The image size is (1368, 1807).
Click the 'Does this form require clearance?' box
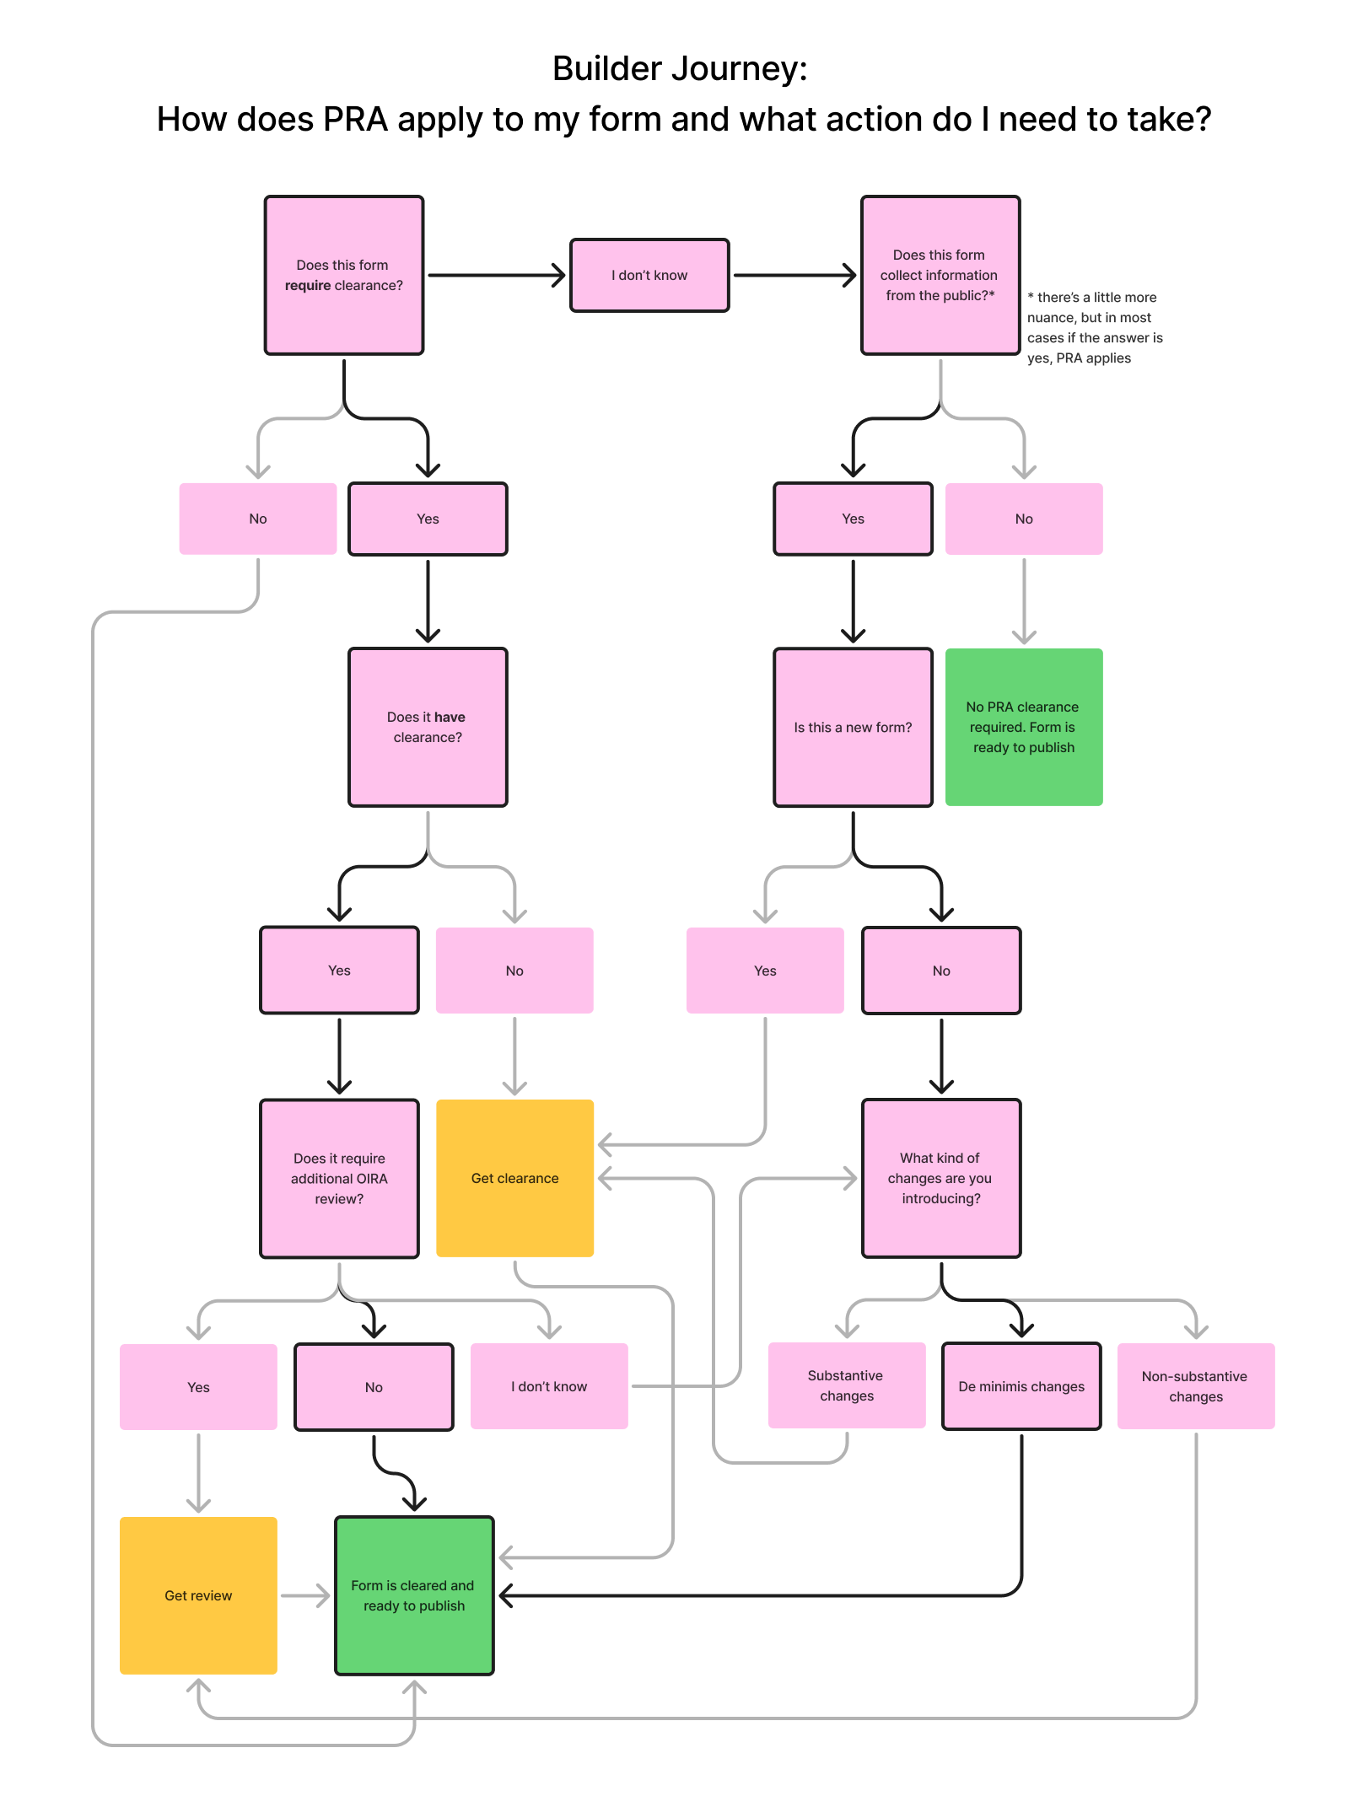tap(343, 275)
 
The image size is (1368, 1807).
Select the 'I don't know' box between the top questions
tap(649, 275)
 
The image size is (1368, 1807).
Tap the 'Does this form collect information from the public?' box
tap(940, 275)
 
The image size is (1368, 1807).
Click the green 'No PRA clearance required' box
tap(1023, 727)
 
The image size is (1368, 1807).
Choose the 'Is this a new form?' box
tap(853, 727)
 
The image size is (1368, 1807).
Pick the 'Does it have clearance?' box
tap(428, 727)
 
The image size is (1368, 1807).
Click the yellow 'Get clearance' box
tap(514, 1178)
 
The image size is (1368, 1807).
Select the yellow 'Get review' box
tap(198, 1595)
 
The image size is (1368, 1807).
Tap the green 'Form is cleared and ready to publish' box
tap(414, 1595)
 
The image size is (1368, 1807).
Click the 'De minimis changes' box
tap(1021, 1386)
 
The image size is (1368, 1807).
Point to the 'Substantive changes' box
tap(846, 1385)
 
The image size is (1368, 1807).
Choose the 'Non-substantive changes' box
tap(1195, 1386)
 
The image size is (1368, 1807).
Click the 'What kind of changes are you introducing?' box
tap(940, 1178)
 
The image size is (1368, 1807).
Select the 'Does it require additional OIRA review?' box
tap(339, 1178)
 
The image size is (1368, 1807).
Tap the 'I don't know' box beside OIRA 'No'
tap(549, 1386)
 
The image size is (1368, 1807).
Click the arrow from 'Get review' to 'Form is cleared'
tap(305, 1595)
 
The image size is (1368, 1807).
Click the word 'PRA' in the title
tap(355, 120)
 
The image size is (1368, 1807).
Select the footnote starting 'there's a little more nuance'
tap(1094, 327)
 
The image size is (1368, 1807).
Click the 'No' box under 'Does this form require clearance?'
tap(257, 519)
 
